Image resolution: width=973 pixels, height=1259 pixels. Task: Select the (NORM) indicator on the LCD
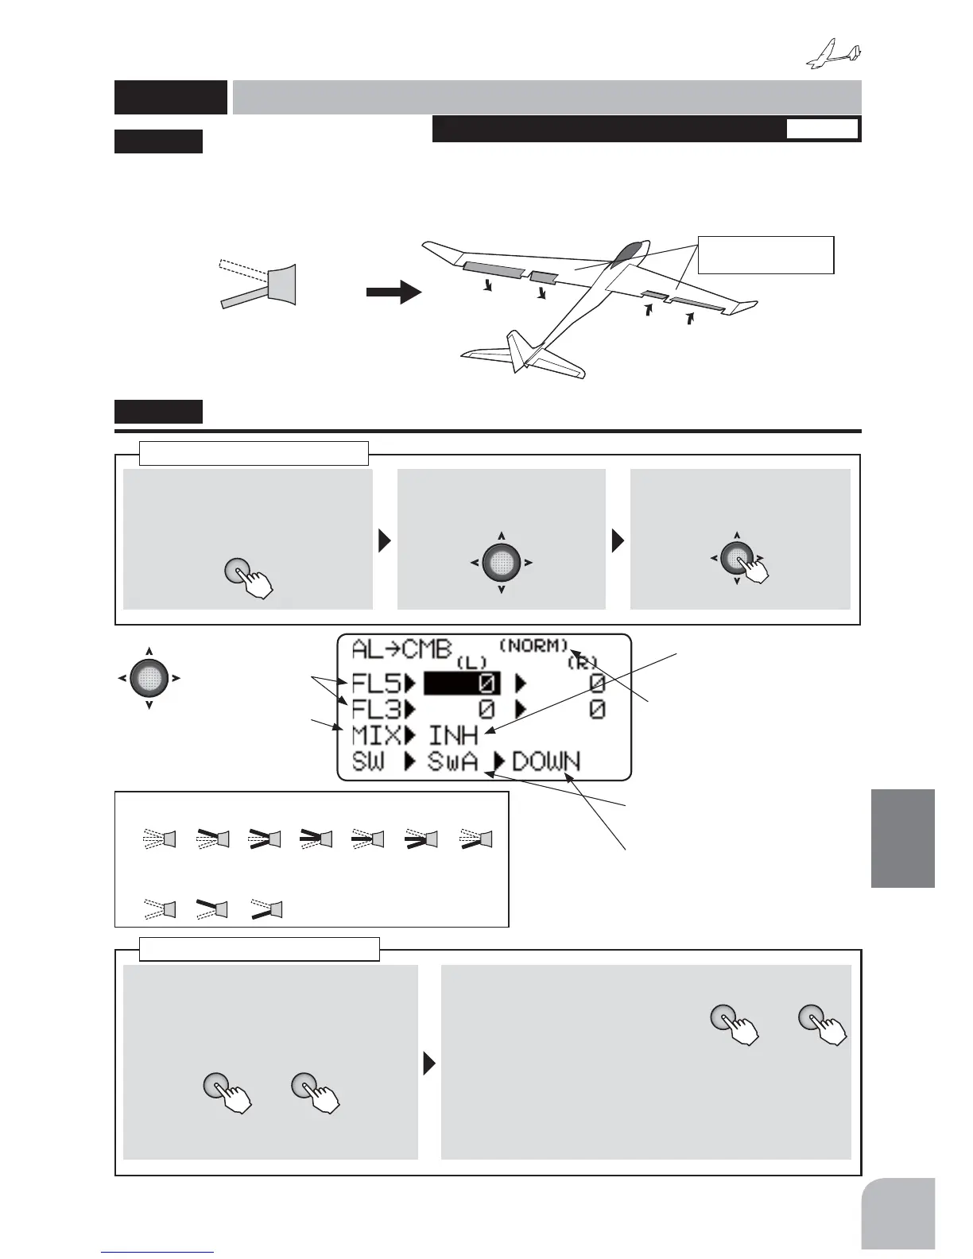[533, 645]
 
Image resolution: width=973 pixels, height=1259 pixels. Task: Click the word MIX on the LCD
[376, 735]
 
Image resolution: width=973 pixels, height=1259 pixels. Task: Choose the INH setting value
[453, 735]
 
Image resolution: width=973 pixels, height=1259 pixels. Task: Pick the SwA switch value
[453, 761]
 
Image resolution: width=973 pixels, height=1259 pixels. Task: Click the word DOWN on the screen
[546, 761]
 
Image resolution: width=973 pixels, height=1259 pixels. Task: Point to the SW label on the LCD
[368, 761]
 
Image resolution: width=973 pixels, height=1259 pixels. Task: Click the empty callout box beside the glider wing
[765, 254]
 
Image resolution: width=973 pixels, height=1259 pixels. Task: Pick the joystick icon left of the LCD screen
[149, 678]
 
